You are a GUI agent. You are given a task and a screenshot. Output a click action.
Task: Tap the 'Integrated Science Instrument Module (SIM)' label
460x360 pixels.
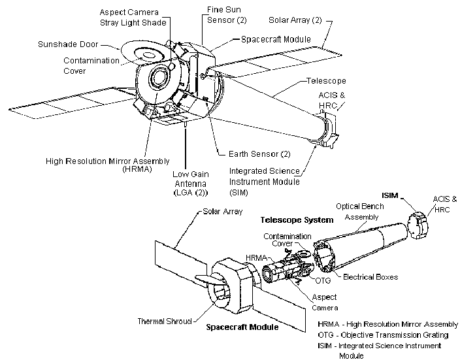[x=264, y=181]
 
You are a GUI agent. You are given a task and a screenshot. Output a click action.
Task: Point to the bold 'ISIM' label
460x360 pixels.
[x=391, y=195]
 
